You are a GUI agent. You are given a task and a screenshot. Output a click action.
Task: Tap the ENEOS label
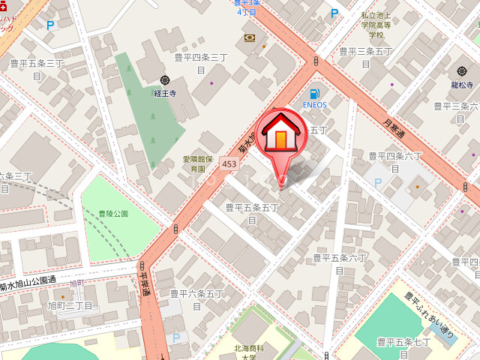click(315, 105)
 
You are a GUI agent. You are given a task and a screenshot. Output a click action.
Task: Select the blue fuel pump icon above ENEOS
click(315, 93)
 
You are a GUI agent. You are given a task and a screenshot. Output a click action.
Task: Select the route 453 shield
click(229, 163)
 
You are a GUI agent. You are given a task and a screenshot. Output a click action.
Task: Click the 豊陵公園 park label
click(113, 214)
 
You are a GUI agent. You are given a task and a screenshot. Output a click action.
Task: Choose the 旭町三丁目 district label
click(70, 306)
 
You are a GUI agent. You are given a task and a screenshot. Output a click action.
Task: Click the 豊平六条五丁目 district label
click(197, 299)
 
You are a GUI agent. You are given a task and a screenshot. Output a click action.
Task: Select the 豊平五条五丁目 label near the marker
click(252, 213)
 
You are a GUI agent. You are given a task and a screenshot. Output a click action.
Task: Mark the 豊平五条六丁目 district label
click(340, 263)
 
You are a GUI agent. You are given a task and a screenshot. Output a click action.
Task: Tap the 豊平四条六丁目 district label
click(395, 161)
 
